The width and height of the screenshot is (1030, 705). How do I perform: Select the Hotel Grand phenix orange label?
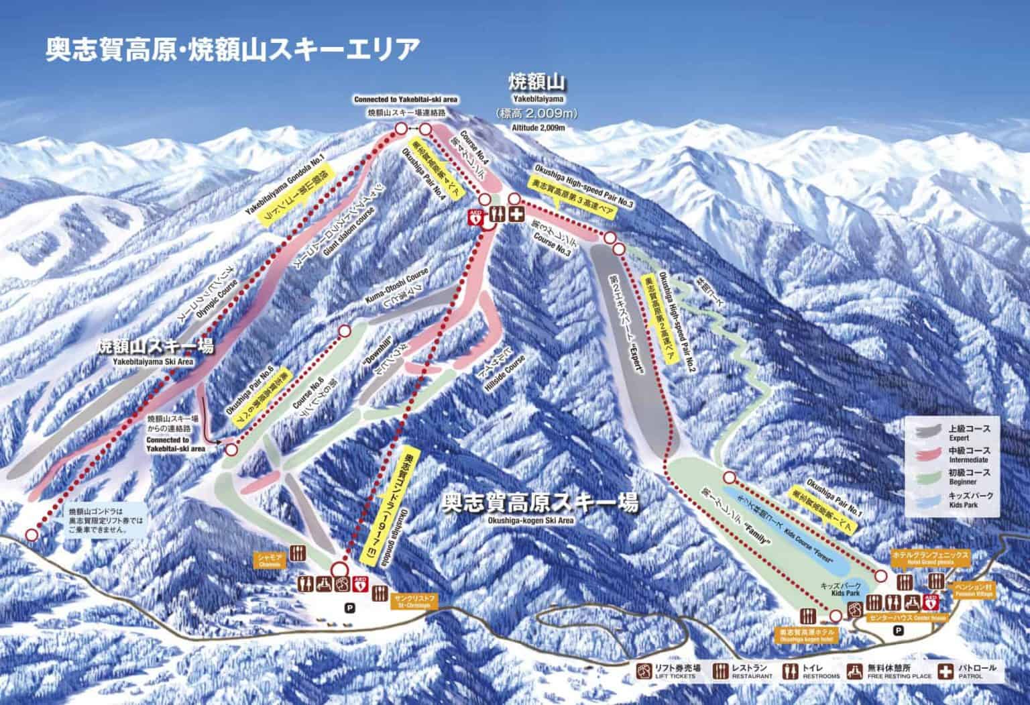[923, 557]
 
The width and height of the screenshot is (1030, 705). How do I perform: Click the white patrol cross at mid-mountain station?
[516, 215]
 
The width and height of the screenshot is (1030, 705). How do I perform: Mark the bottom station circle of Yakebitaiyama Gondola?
[32, 534]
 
